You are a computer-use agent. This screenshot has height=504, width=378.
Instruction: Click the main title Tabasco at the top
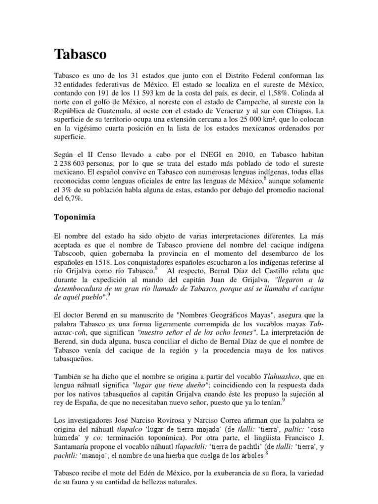(80, 54)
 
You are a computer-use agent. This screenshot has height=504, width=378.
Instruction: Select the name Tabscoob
(70, 249)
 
